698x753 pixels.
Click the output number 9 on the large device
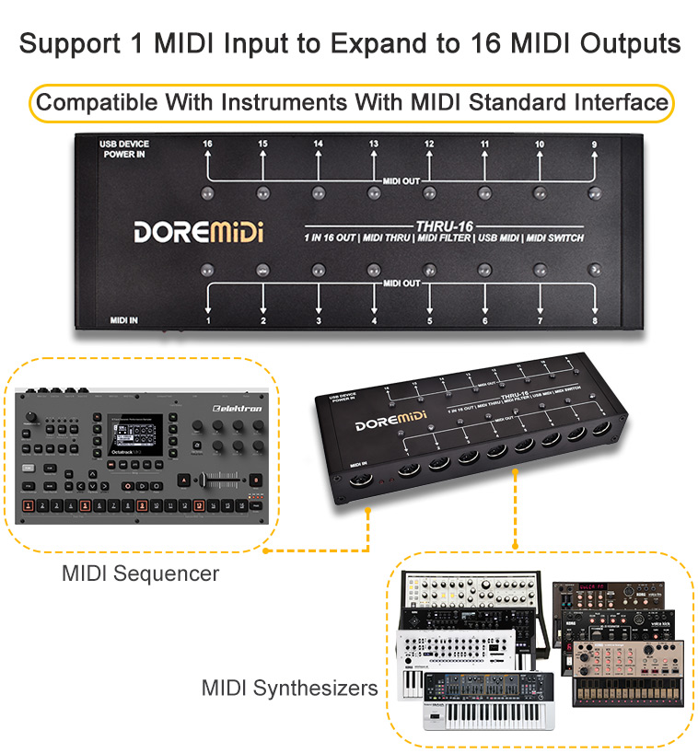click(x=594, y=145)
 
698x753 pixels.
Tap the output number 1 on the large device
click(x=208, y=320)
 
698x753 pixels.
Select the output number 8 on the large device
click(x=595, y=320)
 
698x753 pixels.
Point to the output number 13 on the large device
click(x=374, y=145)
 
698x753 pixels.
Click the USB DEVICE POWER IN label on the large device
click(x=124, y=149)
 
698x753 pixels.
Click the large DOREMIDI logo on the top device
click(x=198, y=231)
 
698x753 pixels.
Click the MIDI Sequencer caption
click(x=140, y=573)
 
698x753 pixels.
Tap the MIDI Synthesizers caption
click(x=290, y=688)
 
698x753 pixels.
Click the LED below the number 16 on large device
click(x=208, y=193)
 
